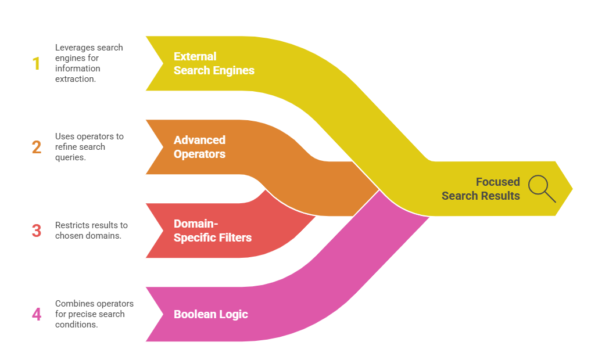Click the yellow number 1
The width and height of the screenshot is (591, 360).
coord(37,63)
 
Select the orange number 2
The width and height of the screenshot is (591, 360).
coord(37,147)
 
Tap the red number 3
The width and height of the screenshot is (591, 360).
coord(37,231)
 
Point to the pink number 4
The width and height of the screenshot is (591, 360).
coord(37,314)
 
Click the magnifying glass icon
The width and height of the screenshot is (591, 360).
coord(542,188)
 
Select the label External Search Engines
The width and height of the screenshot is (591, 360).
coord(214,63)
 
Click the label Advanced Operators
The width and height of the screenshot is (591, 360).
coord(199,147)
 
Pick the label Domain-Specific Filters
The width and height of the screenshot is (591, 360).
coord(213,231)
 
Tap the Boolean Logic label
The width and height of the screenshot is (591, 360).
coord(211,314)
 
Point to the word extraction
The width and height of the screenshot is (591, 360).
coord(76,79)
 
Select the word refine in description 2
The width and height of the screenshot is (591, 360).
coord(67,147)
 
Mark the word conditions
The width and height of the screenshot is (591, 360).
coord(76,325)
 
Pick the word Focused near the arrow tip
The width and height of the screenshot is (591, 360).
coord(497,182)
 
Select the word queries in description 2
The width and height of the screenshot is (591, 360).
coord(70,157)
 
